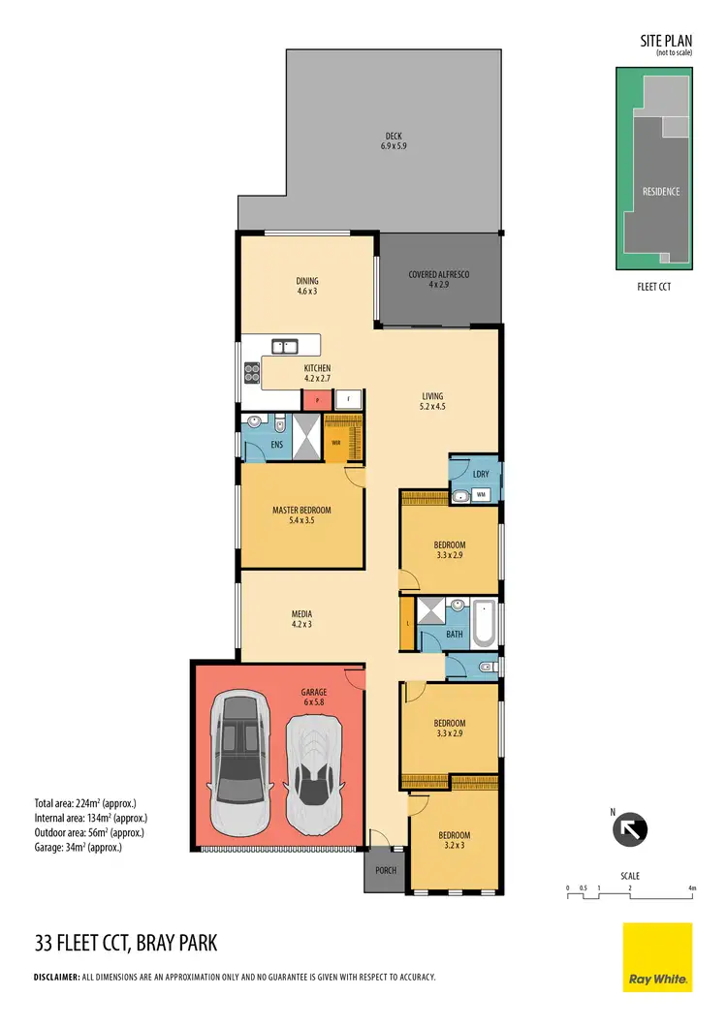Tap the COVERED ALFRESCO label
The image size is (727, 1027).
438,280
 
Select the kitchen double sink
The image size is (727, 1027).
284,345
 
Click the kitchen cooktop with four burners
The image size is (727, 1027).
251,368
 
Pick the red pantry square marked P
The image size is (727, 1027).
317,398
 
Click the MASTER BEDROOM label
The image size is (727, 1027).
301,515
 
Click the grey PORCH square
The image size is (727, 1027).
386,871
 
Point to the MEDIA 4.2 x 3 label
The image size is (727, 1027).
301,619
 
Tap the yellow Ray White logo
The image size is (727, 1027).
657,957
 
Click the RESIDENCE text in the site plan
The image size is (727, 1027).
661,192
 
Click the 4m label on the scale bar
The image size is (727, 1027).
691,887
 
